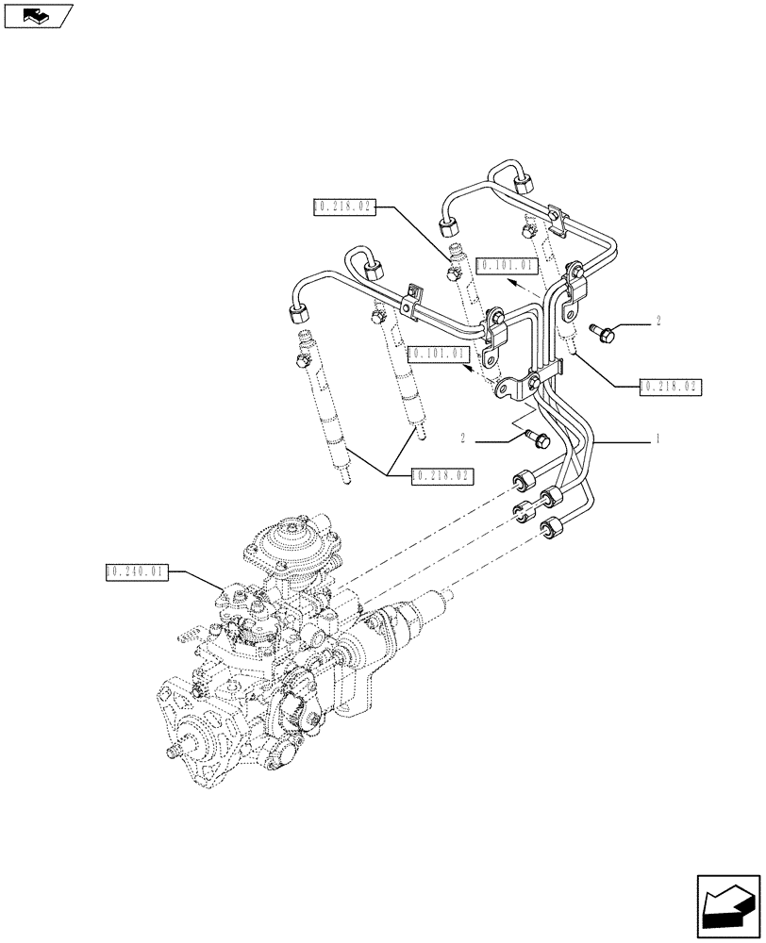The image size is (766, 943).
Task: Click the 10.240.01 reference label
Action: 137,571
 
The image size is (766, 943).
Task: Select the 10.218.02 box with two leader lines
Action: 441,476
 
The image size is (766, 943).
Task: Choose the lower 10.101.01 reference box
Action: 438,354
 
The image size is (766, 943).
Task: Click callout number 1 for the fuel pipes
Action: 657,439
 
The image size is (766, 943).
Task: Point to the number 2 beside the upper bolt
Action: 657,322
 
